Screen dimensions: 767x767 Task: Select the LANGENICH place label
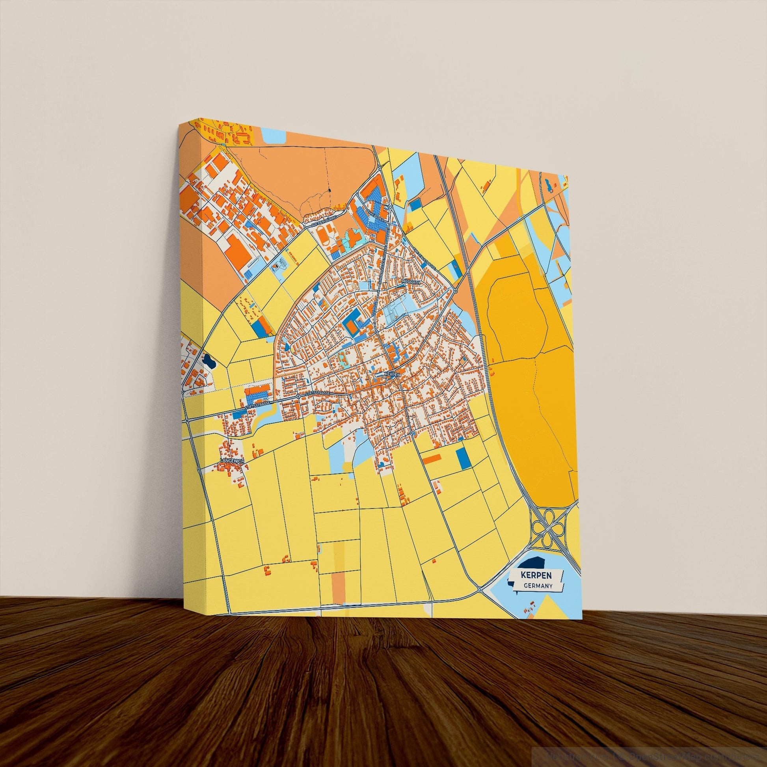pyautogui.click(x=232, y=460)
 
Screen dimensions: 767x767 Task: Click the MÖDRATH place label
pyautogui.click(x=411, y=282)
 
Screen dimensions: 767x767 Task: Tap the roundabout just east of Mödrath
pyautogui.click(x=455, y=290)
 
